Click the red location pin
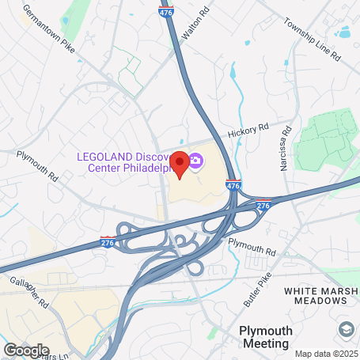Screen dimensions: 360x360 (180, 163)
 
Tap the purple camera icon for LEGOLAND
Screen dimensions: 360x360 (195, 162)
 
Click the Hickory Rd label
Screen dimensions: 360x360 (248, 129)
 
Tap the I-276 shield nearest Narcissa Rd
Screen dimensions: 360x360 (263, 203)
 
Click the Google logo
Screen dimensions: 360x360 (25, 349)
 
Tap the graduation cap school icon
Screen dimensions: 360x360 (346, 328)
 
